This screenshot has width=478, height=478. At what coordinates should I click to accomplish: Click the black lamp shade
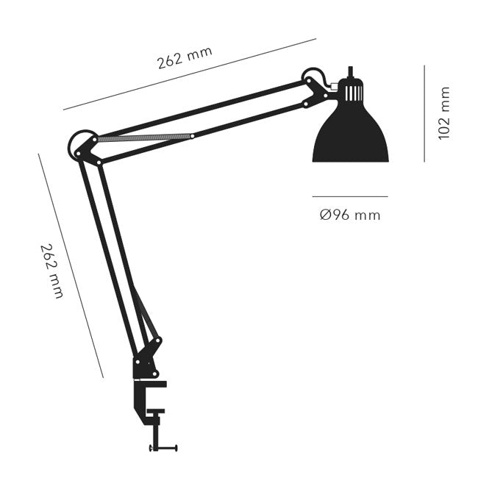(350, 136)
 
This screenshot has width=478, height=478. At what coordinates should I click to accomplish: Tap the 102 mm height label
(443, 113)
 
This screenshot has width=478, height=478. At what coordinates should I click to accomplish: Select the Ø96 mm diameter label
(350, 215)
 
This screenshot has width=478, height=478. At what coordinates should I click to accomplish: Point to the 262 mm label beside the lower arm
(52, 271)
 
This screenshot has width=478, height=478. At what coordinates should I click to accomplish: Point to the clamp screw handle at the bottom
(164, 446)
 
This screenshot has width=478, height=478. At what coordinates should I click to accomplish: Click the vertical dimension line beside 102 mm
(424, 113)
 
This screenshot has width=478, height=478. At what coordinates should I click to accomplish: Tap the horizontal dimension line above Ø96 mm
(350, 196)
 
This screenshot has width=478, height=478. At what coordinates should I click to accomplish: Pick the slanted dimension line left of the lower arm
(70, 265)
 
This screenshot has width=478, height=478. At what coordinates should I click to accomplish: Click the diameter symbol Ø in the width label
(324, 215)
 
